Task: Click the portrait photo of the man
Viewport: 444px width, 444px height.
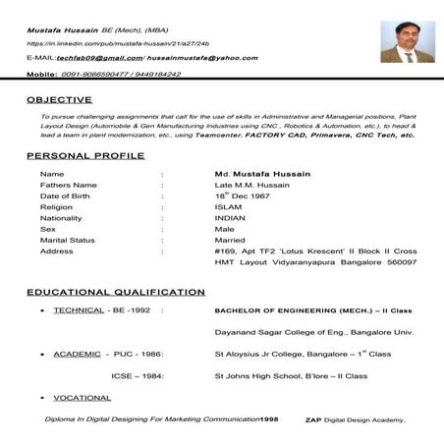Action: pyautogui.click(x=408, y=41)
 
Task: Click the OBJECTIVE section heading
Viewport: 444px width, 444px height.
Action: pyautogui.click(x=59, y=99)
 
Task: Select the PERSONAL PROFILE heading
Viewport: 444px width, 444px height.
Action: pyautogui.click(x=85, y=155)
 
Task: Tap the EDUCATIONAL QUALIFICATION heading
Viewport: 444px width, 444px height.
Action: pyautogui.click(x=116, y=292)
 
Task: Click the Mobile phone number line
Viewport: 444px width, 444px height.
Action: pyautogui.click(x=103, y=74)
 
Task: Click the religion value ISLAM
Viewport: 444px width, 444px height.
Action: pyautogui.click(x=227, y=207)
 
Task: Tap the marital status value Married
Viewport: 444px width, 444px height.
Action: pyautogui.click(x=230, y=240)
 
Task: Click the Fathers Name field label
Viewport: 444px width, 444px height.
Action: pyautogui.click(x=68, y=185)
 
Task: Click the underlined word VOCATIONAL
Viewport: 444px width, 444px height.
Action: pyautogui.click(x=82, y=397)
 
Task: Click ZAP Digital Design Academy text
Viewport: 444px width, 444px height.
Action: pyautogui.click(x=354, y=419)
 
